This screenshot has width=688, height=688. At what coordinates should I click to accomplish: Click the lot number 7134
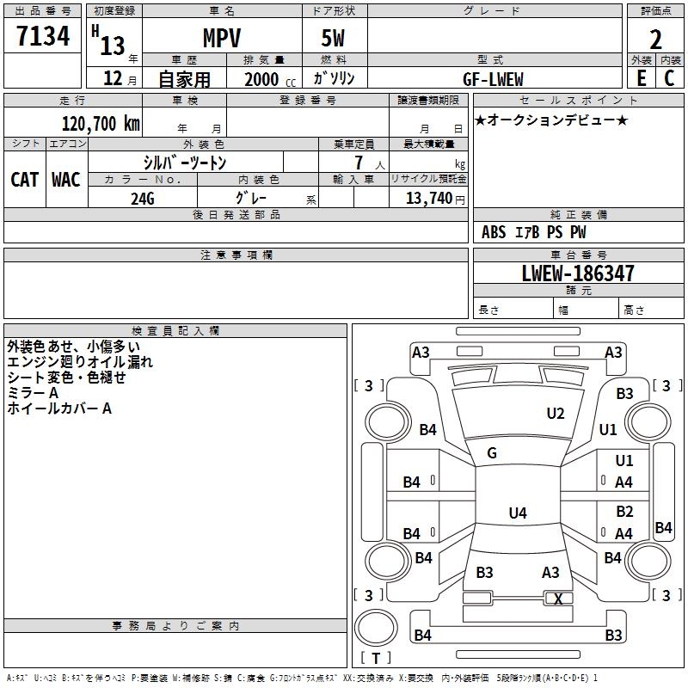click(43, 36)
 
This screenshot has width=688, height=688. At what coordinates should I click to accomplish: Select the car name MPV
click(221, 38)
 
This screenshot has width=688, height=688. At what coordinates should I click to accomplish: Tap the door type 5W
click(334, 38)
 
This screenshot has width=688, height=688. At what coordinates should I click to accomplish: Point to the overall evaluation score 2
click(656, 38)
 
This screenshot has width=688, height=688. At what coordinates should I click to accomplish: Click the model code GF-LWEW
click(494, 78)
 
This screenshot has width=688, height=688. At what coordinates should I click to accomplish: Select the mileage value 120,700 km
click(101, 124)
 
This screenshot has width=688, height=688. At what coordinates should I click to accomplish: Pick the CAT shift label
click(24, 179)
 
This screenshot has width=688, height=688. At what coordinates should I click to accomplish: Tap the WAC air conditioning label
click(66, 179)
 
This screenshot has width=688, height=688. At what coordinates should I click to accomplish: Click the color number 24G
click(143, 198)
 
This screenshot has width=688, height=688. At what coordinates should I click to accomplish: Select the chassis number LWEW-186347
click(578, 273)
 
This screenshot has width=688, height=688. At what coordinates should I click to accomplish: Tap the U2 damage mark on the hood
click(556, 414)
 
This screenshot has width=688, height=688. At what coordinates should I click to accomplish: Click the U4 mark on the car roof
click(517, 513)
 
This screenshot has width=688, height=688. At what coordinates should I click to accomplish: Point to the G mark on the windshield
click(492, 453)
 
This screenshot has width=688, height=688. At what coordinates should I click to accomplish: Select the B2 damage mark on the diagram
click(624, 512)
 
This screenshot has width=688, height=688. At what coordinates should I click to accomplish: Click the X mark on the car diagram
click(559, 599)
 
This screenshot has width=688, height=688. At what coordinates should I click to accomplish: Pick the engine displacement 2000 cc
click(261, 79)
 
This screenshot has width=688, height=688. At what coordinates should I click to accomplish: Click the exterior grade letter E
click(641, 78)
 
